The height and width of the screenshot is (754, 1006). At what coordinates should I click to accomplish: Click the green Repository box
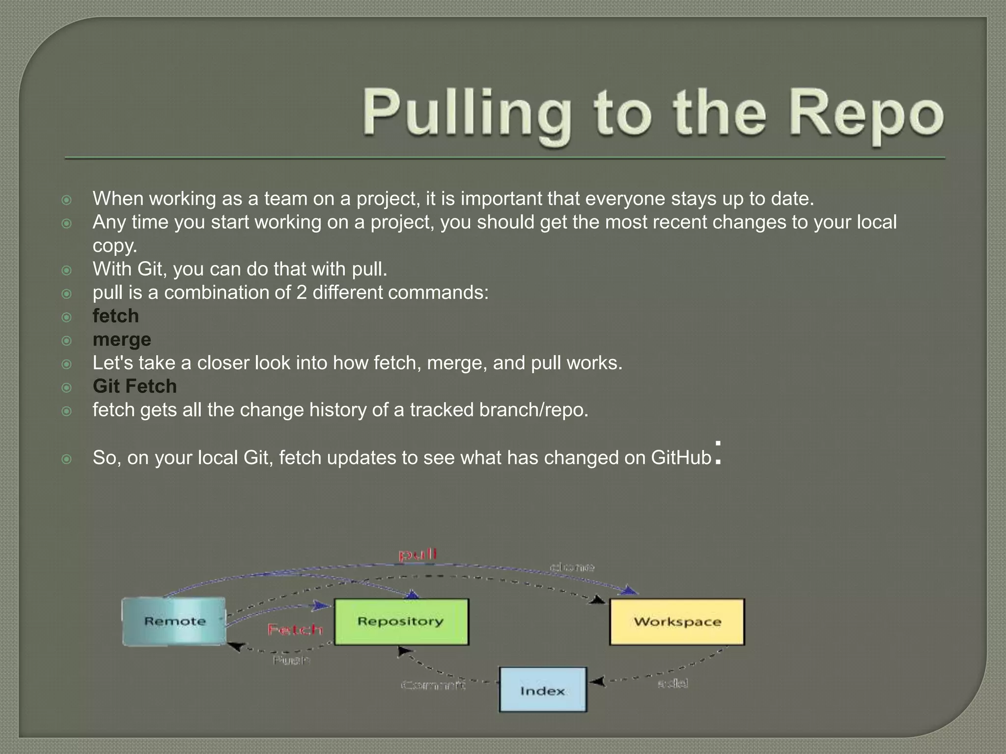[x=401, y=621]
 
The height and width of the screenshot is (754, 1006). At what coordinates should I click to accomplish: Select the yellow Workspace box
[x=677, y=621]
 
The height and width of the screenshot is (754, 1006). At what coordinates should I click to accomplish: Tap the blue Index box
[x=543, y=690]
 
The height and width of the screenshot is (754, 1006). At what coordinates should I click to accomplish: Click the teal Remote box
[x=174, y=621]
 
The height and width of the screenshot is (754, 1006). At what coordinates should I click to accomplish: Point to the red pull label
[x=417, y=555]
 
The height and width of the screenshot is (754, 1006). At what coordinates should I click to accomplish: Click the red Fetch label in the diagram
[x=295, y=630]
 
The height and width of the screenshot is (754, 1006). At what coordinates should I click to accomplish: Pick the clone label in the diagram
[x=572, y=567]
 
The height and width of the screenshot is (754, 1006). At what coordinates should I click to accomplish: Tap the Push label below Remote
[x=291, y=660]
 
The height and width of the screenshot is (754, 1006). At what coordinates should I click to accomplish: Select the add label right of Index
[x=672, y=683]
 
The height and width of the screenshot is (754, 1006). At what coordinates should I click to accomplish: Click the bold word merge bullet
[x=122, y=340]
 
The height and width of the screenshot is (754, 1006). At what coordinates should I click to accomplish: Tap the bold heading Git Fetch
[x=135, y=386]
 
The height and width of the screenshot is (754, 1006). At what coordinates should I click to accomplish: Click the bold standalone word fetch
[x=115, y=316]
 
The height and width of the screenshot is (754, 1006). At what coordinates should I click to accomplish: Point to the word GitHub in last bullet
[x=681, y=458]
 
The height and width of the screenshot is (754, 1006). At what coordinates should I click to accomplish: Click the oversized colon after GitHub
[x=718, y=453]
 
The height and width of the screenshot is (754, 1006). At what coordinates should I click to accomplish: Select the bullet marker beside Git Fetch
[x=67, y=387]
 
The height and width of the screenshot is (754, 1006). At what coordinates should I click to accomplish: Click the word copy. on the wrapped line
[x=115, y=245]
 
